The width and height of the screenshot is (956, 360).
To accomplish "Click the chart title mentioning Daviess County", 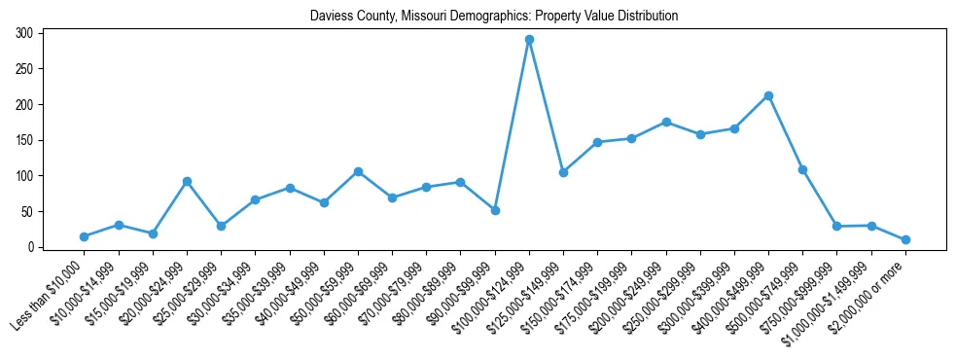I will [494, 16].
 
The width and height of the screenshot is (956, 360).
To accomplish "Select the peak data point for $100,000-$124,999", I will [529, 40].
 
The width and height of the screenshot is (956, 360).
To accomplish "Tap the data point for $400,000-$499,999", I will [768, 95].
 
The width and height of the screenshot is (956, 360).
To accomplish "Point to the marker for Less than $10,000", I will [84, 236].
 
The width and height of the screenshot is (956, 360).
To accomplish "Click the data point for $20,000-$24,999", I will [187, 181].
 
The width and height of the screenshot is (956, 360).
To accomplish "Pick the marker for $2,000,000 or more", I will [905, 239].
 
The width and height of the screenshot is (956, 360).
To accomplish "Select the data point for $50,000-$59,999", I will [358, 171].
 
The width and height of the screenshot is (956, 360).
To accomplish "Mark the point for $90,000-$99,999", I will [495, 210].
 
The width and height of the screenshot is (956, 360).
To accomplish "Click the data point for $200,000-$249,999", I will [666, 122].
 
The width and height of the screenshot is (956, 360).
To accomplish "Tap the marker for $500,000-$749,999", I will [802, 169].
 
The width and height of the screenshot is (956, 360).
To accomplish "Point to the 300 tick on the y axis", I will [24, 33].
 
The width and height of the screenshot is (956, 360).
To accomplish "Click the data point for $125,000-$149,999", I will [563, 172].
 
